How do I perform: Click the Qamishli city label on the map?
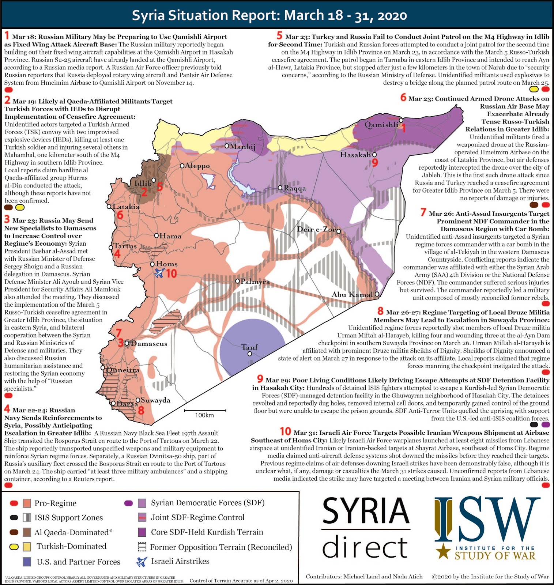381,125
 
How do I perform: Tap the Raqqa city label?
295,188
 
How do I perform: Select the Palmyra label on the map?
255,282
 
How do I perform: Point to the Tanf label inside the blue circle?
250,347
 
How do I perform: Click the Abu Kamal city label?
352,294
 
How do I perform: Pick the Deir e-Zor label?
316,230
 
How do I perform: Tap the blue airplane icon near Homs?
159,273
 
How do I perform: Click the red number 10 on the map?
172,273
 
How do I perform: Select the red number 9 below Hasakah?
374,163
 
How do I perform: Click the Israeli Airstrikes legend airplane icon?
142,561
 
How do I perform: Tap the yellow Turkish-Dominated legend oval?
14,547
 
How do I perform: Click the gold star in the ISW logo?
444,551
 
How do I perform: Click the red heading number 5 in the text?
279,35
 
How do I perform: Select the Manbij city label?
242,147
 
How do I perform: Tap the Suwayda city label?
155,400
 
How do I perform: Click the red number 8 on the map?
141,410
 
